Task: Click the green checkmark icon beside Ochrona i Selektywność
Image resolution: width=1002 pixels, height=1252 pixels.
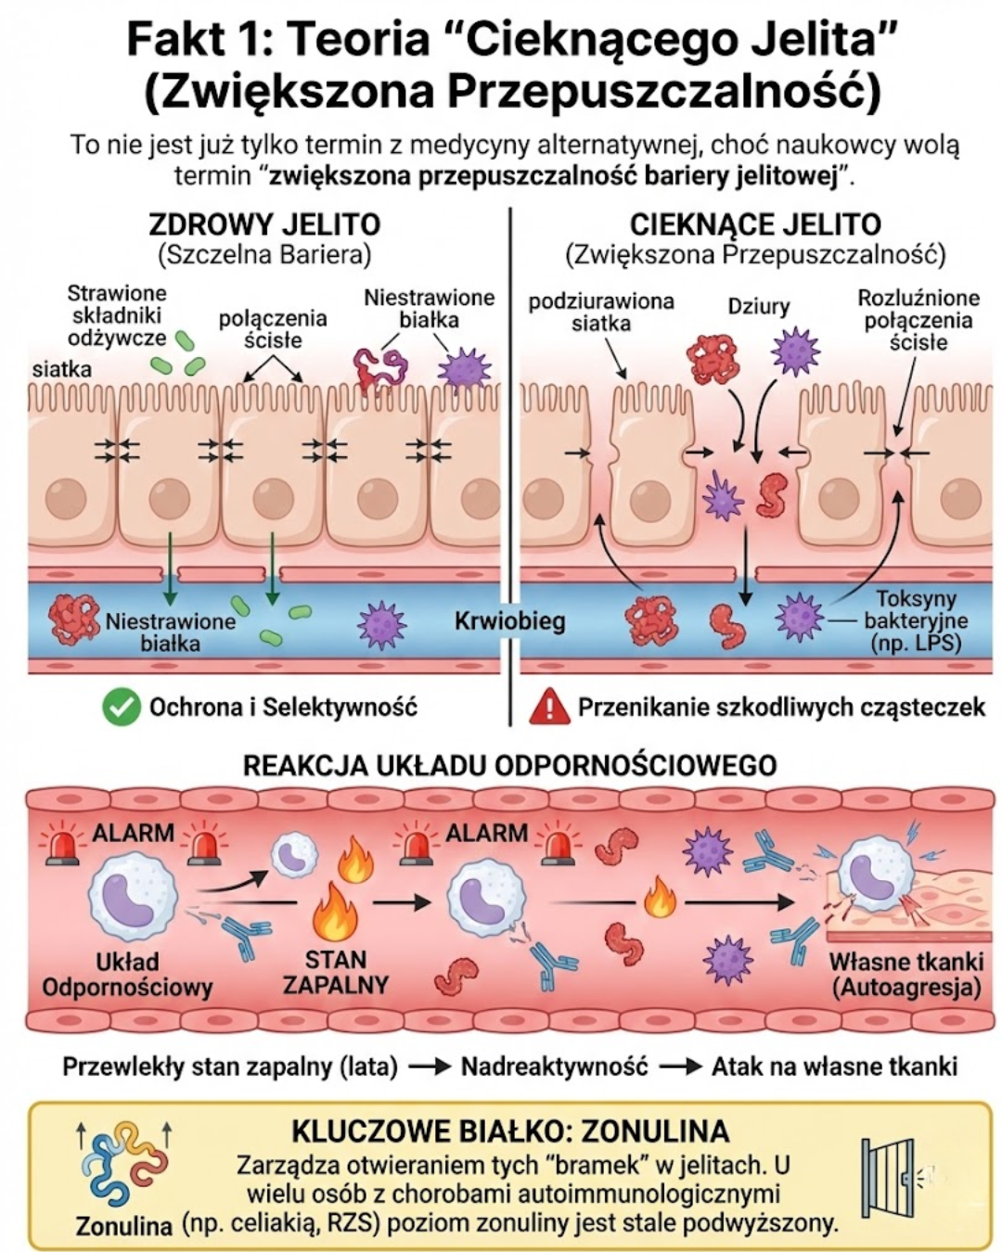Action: (121, 708)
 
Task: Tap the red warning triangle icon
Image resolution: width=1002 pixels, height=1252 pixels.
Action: (548, 708)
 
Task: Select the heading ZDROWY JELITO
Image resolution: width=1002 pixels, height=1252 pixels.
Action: (264, 224)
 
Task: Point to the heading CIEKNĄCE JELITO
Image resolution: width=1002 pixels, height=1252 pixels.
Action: (755, 224)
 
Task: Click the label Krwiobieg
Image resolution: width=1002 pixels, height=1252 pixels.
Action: (509, 620)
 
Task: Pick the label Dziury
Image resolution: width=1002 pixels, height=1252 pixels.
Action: (758, 306)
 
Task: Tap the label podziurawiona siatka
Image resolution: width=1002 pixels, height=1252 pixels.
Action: (600, 313)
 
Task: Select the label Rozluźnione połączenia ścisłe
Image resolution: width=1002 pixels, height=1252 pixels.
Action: (918, 320)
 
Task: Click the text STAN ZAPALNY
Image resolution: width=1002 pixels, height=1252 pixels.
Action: (335, 971)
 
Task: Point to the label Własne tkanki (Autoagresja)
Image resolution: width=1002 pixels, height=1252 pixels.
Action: (906, 974)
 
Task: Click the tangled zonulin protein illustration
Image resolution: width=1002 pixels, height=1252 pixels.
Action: (123, 1165)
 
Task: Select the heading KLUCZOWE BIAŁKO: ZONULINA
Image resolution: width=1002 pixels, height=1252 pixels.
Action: (510, 1131)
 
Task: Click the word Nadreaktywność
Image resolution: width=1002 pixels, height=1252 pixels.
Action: (554, 1067)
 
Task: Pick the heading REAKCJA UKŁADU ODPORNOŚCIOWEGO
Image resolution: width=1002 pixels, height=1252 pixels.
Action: (509, 765)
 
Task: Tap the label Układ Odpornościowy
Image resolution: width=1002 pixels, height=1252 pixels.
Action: (127, 974)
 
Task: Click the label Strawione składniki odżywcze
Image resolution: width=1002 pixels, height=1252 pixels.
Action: (117, 315)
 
